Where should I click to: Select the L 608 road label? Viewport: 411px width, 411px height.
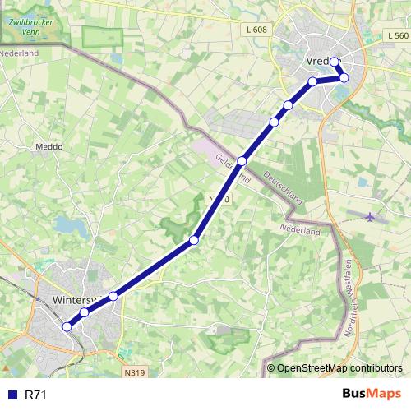coord(256,30)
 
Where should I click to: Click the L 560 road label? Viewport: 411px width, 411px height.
coord(396,37)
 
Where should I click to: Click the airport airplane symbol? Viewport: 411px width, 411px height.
coord(370,217)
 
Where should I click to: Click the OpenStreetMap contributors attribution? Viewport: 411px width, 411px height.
coord(339,368)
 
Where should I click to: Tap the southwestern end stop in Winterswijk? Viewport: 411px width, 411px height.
coord(67,327)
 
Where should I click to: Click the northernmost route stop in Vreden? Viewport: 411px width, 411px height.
coord(335,62)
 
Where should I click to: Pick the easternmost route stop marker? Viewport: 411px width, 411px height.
coord(344,77)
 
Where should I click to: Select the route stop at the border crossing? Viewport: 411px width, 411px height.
coord(242,160)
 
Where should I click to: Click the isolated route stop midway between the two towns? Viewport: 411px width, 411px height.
coord(194,240)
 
